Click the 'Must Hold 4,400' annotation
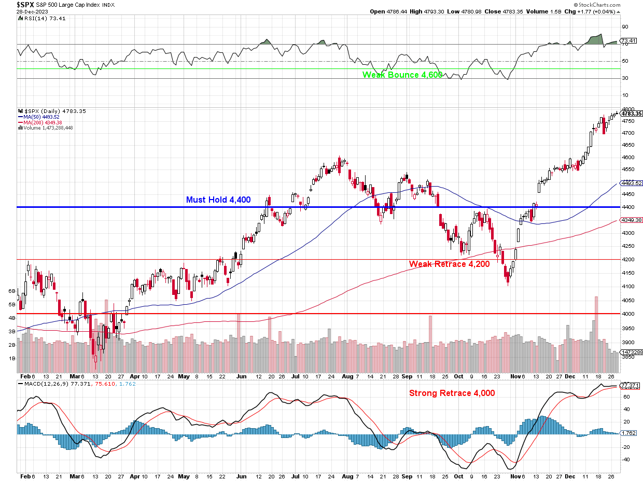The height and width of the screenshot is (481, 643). [x=218, y=200]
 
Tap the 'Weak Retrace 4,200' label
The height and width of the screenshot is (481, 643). [x=449, y=264]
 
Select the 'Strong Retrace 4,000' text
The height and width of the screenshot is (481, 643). [x=452, y=393]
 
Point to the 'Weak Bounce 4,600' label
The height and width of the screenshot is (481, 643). [x=402, y=75]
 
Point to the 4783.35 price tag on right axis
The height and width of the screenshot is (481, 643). [x=632, y=114]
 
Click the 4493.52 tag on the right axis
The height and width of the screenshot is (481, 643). [x=632, y=183]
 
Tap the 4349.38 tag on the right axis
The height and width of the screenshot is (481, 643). [x=632, y=220]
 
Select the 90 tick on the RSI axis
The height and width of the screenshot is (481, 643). [x=625, y=27]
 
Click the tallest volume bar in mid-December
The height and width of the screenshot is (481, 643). [x=596, y=332]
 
